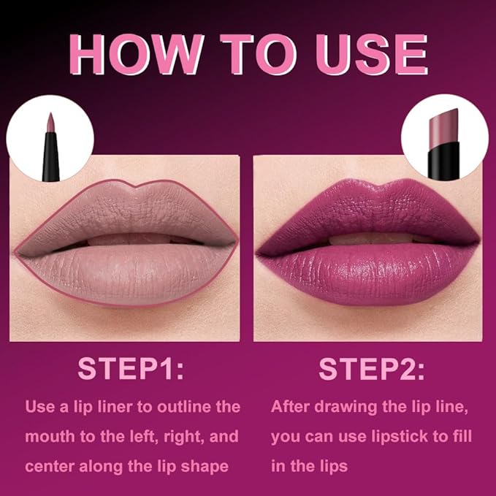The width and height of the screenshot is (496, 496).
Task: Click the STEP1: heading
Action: [x=131, y=369]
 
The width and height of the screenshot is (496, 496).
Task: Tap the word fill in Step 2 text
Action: [x=462, y=437]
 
